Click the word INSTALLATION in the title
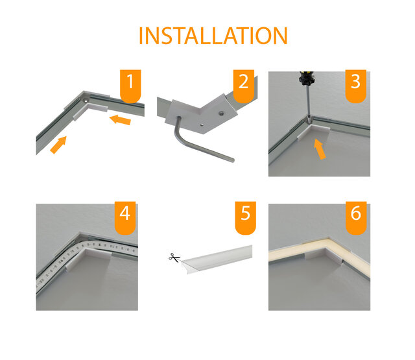tap(213, 36)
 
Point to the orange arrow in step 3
tap(318, 149)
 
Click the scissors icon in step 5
tap(173, 258)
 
